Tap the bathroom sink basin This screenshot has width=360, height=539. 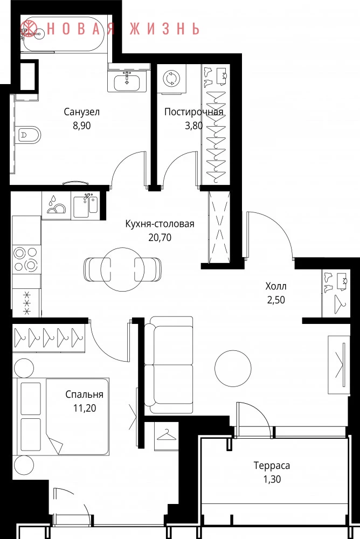click(x=127, y=82)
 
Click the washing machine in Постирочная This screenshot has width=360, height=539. click(x=170, y=79)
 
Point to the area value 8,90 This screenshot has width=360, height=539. click(x=82, y=126)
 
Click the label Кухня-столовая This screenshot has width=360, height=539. click(x=160, y=224)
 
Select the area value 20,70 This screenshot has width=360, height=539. click(x=160, y=238)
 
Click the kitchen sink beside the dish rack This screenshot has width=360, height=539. click(x=85, y=205)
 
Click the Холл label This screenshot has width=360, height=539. click(x=276, y=286)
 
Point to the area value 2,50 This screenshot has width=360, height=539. click(x=276, y=300)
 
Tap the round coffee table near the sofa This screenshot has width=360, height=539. click(x=233, y=368)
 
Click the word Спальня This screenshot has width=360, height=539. click(x=84, y=395)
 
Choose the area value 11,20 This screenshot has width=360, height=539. click(x=84, y=409)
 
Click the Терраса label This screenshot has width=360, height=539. click(x=272, y=466)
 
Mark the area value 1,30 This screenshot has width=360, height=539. click(x=272, y=479)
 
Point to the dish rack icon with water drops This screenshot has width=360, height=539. click(x=56, y=205)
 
